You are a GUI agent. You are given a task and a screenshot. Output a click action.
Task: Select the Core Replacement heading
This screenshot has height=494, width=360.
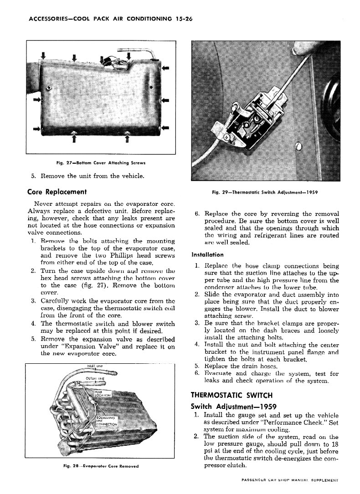[58, 192]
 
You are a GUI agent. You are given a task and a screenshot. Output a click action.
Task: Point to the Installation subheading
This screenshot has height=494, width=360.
[208, 255]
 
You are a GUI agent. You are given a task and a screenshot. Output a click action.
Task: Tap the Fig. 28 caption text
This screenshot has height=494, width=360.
[101, 466]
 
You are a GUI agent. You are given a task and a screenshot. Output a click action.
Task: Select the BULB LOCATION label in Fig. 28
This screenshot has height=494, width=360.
[102, 393]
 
